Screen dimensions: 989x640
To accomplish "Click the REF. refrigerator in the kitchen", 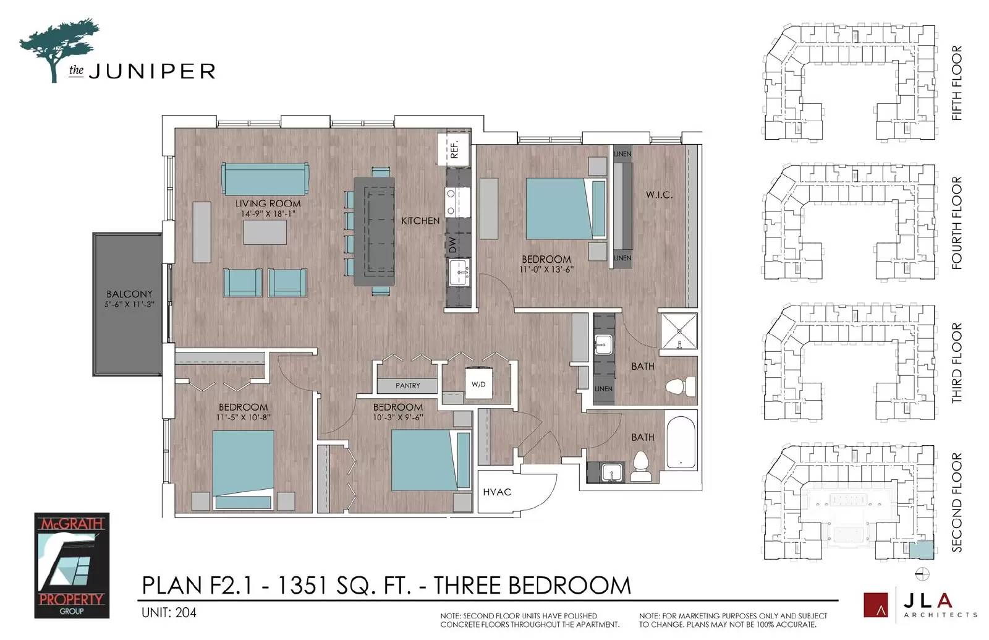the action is point(454,149).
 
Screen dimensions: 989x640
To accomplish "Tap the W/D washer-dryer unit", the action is point(478,383).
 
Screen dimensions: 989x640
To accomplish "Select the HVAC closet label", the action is point(497,492).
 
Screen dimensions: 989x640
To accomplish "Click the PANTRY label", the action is point(407,386).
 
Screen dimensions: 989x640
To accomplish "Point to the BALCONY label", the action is point(129,294).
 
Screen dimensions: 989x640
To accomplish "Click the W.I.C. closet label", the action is point(659,195).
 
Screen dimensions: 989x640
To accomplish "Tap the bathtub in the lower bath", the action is point(681,442).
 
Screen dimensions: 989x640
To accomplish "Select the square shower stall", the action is point(679,331).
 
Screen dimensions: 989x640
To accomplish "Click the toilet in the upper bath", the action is point(681,387).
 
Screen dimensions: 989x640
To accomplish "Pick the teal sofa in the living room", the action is point(265,179).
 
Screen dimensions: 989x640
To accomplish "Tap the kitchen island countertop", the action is point(374,231).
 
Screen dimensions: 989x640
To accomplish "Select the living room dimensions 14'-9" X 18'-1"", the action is point(268,214).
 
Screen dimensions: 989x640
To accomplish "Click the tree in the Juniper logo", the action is point(59,48).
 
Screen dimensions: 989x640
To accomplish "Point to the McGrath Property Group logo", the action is point(72,565).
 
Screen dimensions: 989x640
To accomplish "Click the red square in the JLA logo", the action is point(875,605).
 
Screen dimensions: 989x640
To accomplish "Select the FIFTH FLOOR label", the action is point(956,83).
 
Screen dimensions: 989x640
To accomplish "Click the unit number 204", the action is point(186,613).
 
